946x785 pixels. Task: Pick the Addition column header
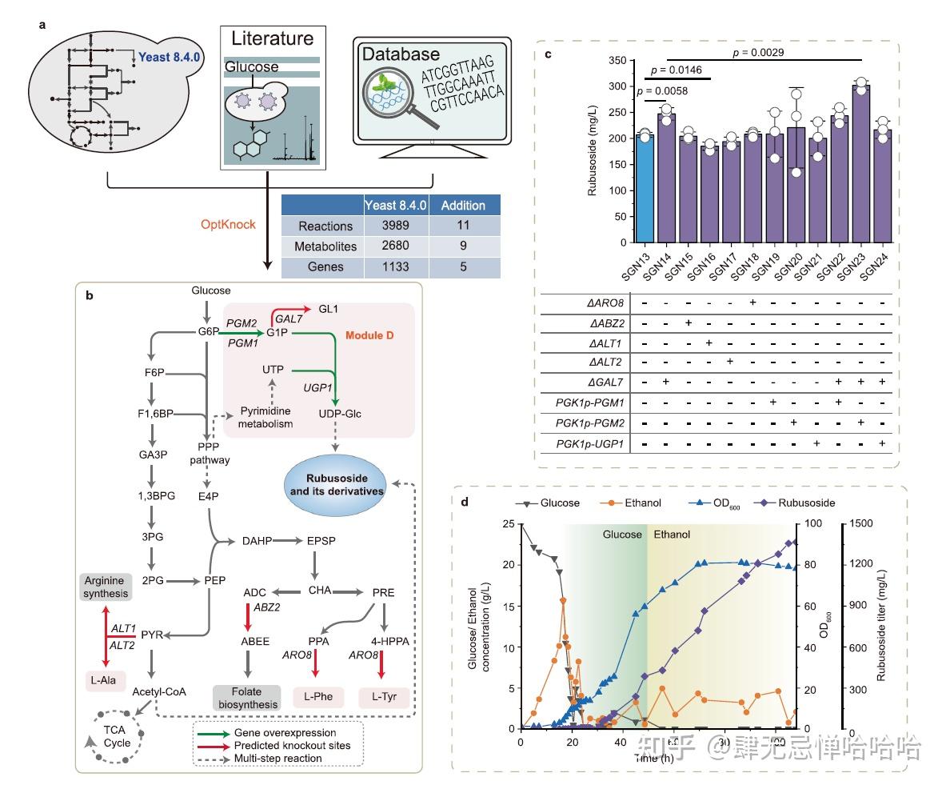click(x=462, y=205)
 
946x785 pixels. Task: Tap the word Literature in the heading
click(x=272, y=38)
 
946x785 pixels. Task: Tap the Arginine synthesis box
click(x=106, y=586)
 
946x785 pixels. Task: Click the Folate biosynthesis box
click(x=247, y=697)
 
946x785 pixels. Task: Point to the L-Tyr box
click(x=382, y=697)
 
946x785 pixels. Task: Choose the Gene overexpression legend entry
click(x=285, y=732)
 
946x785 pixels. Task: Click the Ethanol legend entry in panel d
click(x=628, y=503)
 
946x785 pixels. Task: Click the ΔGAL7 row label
click(x=605, y=381)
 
